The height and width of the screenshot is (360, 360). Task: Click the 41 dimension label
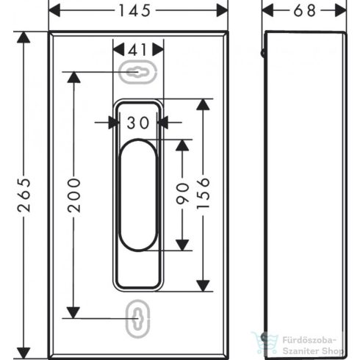pyautogui.click(x=136, y=51)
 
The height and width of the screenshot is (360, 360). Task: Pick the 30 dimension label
pyautogui.click(x=136, y=123)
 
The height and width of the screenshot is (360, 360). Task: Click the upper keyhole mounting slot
pyautogui.click(x=136, y=72)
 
